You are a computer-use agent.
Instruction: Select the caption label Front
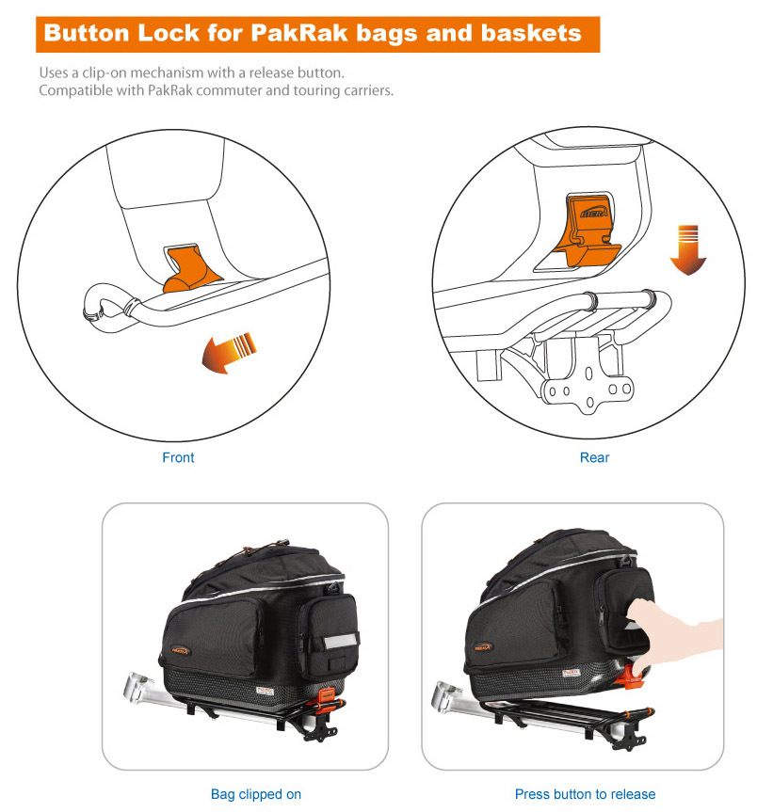(178, 457)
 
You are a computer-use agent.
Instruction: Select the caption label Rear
(594, 457)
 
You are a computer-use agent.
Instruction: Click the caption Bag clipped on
(256, 794)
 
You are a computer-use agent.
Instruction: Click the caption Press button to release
(585, 794)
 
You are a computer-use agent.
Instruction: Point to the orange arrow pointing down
(690, 249)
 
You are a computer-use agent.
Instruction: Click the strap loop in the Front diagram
(103, 307)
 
